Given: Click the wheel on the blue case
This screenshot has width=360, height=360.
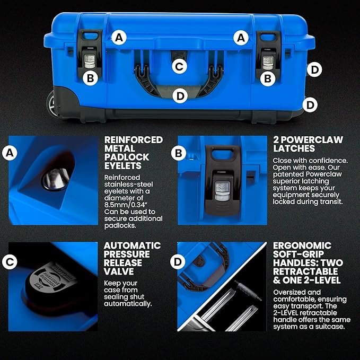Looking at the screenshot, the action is coord(51,104).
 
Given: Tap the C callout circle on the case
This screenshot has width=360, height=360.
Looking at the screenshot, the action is coord(179,67).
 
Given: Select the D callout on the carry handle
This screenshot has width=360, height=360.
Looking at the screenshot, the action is coord(180,96).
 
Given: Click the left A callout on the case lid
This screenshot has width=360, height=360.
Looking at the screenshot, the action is coord(119,38).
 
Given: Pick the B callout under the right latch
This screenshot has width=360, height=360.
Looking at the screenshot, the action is coord(268,79).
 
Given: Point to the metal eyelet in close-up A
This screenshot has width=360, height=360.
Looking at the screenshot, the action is coord(56,179).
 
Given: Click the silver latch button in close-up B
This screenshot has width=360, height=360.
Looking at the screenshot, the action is coord(222,191).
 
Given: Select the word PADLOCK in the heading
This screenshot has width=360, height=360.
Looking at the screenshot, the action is coord(127,157).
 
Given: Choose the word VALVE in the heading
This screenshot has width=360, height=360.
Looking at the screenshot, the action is coord(118,271).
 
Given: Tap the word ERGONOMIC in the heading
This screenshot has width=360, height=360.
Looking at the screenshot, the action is coord(302,245).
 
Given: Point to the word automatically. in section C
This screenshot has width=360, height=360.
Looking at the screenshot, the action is coord(128,303).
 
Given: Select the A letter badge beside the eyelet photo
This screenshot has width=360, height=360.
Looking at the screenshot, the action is coord(10,153).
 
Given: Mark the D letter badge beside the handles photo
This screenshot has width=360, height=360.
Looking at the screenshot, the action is coord(178,261).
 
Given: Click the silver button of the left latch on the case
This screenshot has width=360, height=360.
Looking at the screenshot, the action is coord(90,62).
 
